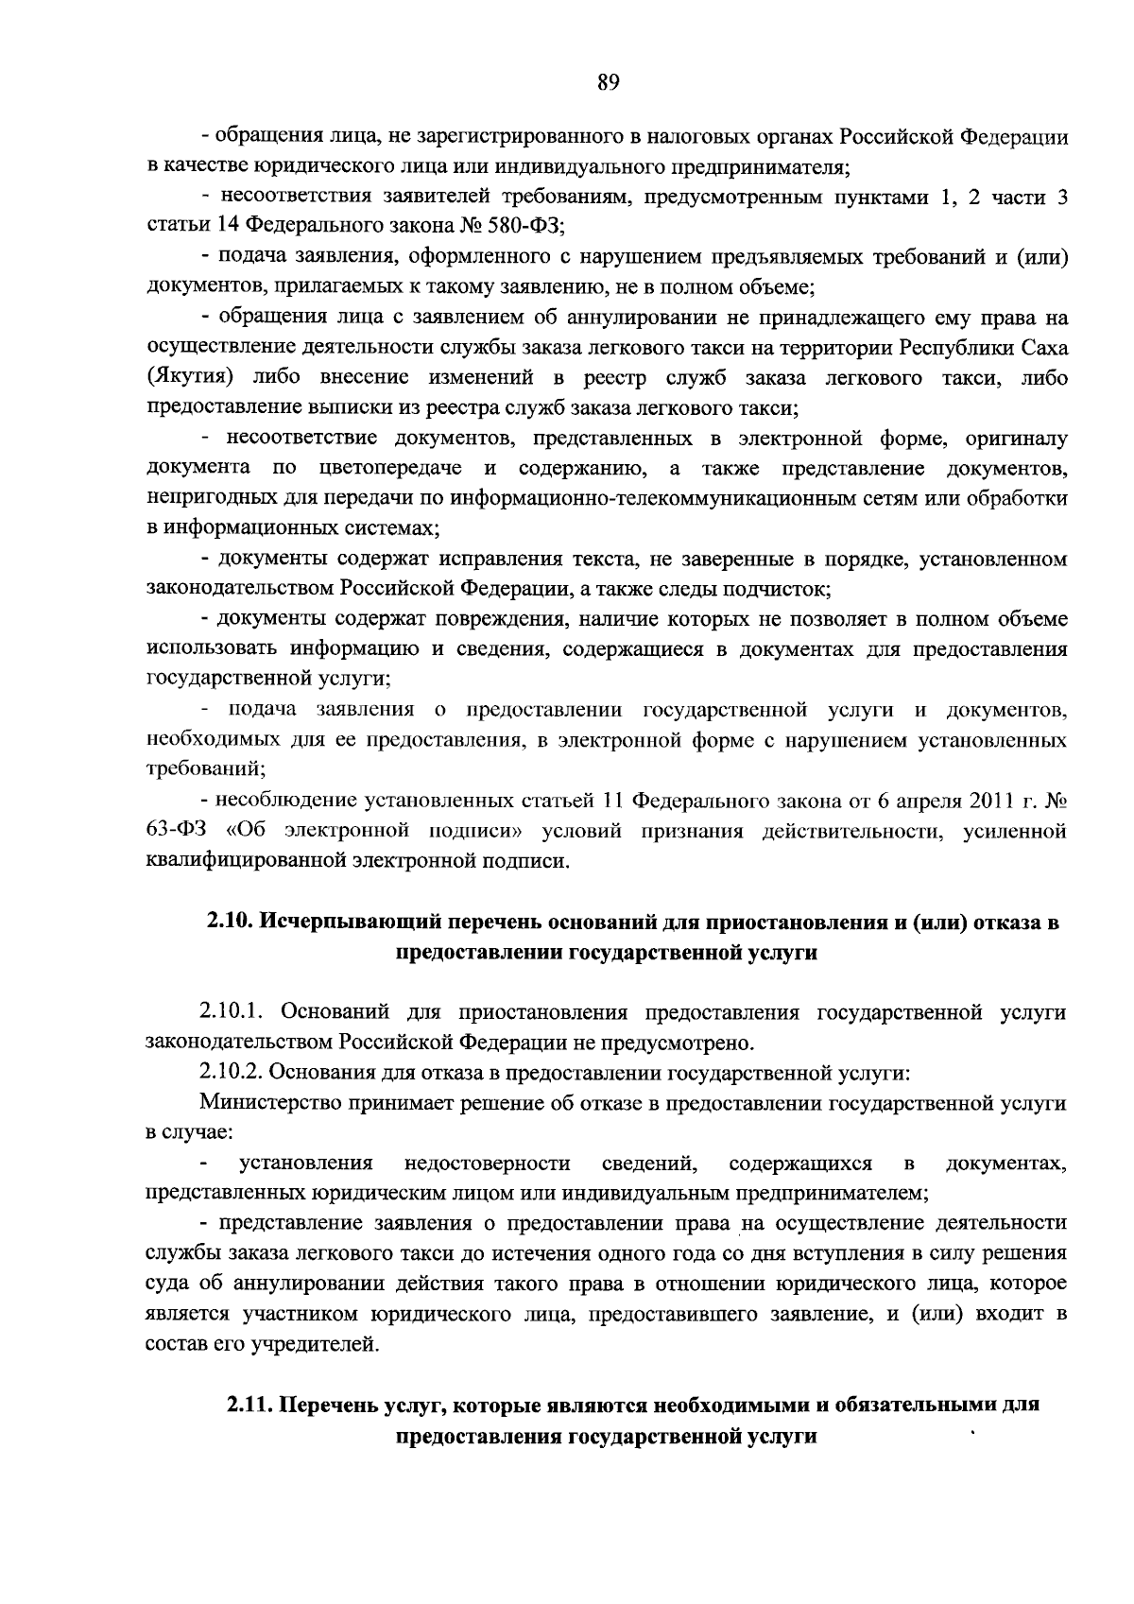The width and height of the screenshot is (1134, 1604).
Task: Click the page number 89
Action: pyautogui.click(x=608, y=82)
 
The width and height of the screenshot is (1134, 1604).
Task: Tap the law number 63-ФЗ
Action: pyautogui.click(x=174, y=831)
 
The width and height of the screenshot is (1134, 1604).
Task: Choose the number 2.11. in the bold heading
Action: pyautogui.click(x=248, y=1406)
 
